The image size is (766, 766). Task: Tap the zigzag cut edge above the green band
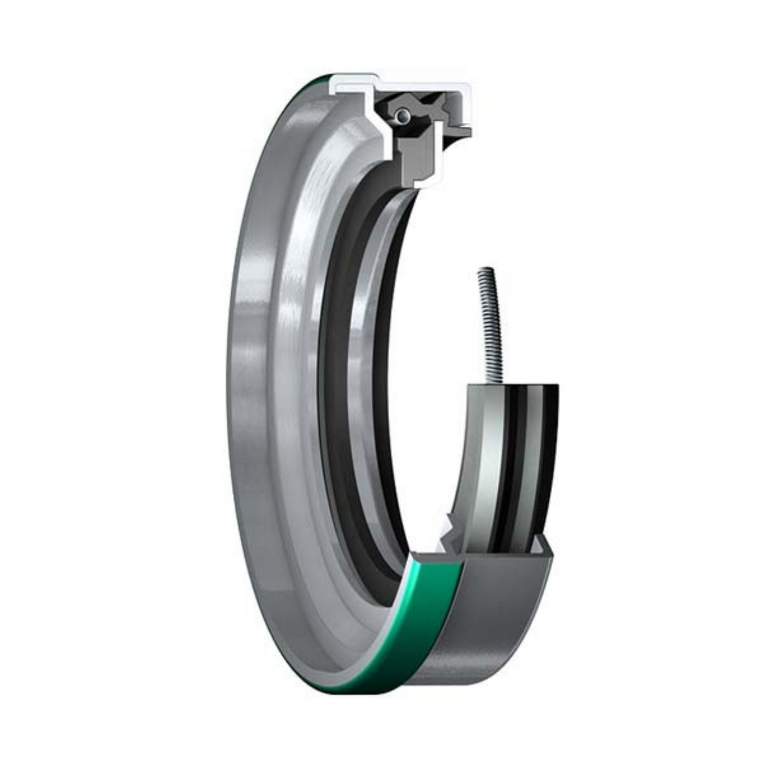click(449, 533)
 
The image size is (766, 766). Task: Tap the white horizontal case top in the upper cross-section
click(416, 83)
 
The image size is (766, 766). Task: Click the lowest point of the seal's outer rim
click(353, 694)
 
